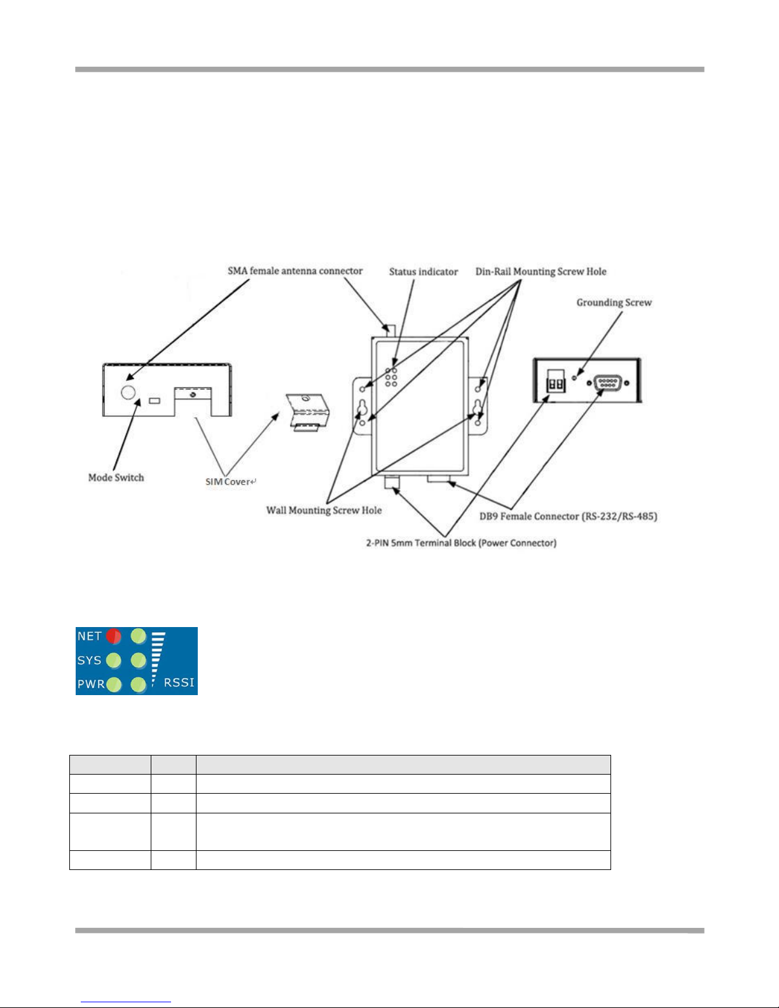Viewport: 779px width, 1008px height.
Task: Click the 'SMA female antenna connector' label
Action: tap(295, 271)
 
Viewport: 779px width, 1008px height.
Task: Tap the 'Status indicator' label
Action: tap(424, 272)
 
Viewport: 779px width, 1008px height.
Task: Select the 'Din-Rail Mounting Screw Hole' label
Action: tap(541, 272)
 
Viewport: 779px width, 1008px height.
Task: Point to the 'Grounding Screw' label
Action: tap(614, 303)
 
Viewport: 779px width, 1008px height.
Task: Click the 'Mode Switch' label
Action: tap(116, 478)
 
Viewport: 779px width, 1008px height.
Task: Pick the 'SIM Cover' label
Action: tap(230, 481)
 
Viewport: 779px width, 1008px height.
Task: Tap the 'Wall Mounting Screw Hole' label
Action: tap(324, 510)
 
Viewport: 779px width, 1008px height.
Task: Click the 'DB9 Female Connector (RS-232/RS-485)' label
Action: tap(568, 516)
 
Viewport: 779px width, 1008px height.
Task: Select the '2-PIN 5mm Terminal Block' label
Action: tap(460, 543)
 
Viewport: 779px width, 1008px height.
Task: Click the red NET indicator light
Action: tap(114, 636)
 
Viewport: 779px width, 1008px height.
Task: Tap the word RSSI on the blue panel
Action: tap(179, 682)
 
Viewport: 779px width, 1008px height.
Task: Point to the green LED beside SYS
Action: tap(114, 661)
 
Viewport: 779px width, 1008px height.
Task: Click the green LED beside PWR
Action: tap(114, 685)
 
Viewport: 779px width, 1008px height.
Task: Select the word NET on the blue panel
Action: tap(90, 636)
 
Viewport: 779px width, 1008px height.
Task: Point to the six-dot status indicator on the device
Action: tap(391, 377)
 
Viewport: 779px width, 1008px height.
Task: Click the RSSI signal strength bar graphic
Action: tap(157, 658)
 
